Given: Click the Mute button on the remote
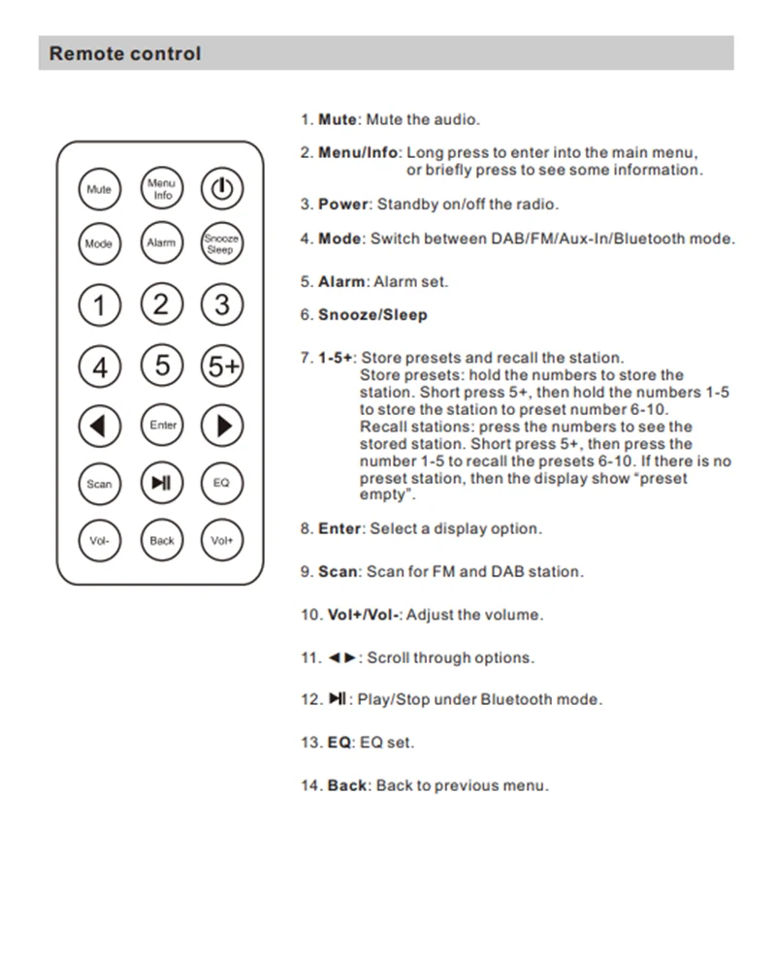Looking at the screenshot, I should point(99,189).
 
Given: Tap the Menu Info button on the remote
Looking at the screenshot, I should point(161,188).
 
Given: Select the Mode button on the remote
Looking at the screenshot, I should point(99,244).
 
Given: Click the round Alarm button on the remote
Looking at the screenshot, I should point(161,243).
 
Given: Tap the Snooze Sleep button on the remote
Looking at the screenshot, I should point(221,243).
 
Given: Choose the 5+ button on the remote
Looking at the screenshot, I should point(222,366).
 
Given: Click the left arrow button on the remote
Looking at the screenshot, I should point(99,425).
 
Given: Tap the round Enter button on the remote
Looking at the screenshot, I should point(162,425).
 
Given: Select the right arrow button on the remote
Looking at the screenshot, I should point(222,425).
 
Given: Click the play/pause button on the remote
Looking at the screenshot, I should point(161,482).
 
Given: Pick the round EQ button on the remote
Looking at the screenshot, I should point(221,482).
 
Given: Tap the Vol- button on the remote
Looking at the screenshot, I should point(99,540).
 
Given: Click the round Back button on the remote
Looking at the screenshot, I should point(161,540).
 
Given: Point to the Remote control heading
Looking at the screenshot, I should point(125,53).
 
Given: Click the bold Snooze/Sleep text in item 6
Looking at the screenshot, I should point(372,315).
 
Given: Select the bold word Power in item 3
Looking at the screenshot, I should point(343,205).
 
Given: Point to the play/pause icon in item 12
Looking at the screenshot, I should point(338,699).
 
